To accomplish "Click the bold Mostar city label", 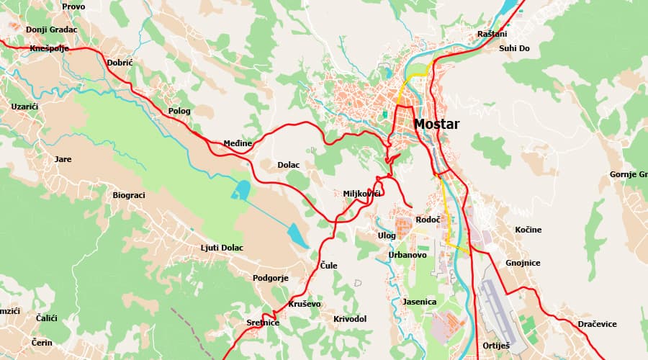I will (x=436, y=124).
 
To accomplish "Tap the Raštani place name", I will (x=492, y=34).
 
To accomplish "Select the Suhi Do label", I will (x=514, y=48).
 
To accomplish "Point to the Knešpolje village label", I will (x=49, y=48).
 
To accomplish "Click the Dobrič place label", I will (x=120, y=63).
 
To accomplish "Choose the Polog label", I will (x=179, y=111).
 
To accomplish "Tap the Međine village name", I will (x=238, y=143).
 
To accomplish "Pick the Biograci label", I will (x=129, y=195).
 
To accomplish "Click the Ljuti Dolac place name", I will (x=222, y=248).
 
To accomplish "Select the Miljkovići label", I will (x=362, y=194).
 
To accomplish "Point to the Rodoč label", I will (x=428, y=219).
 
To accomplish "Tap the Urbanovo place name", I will (x=408, y=255).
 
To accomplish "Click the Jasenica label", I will (x=420, y=302).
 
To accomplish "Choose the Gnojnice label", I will (x=523, y=263).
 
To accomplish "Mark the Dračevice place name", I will (x=597, y=324).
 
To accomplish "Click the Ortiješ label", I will (x=496, y=346).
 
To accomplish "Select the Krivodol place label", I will (x=350, y=318).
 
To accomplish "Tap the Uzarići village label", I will (x=24, y=106).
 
